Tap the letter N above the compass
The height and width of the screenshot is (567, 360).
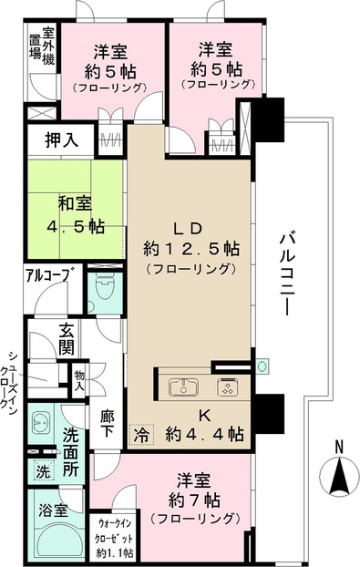(338, 446)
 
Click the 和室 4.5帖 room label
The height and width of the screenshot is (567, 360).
(76, 213)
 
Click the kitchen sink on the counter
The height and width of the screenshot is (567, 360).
(183, 387)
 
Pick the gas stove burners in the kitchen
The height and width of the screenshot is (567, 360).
(225, 387)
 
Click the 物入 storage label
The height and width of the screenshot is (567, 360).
(80, 379)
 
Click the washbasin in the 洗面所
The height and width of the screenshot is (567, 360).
(42, 423)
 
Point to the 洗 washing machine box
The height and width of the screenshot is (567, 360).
(41, 471)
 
